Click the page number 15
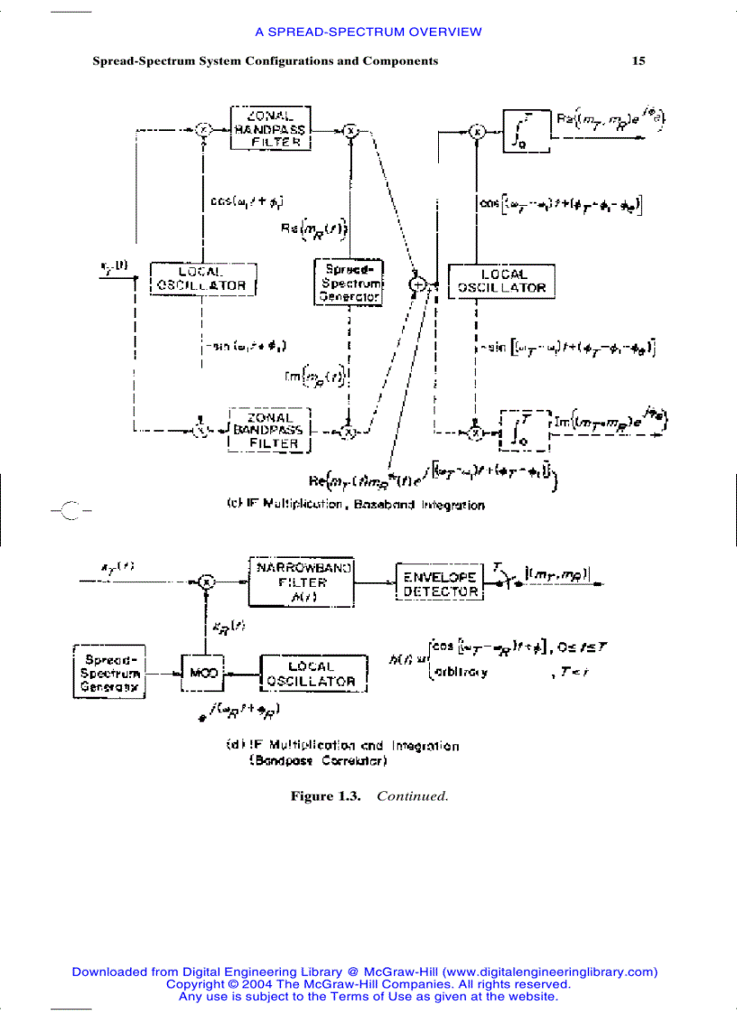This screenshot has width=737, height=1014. [x=639, y=61]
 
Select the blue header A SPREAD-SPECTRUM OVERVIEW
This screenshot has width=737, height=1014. [x=368, y=32]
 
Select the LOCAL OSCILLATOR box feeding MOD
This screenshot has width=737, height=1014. [x=310, y=674]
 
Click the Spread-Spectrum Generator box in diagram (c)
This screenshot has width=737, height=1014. [x=349, y=282]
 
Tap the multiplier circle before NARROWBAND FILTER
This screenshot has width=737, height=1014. [x=206, y=582]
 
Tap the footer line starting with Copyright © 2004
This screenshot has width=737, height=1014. [x=368, y=984]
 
